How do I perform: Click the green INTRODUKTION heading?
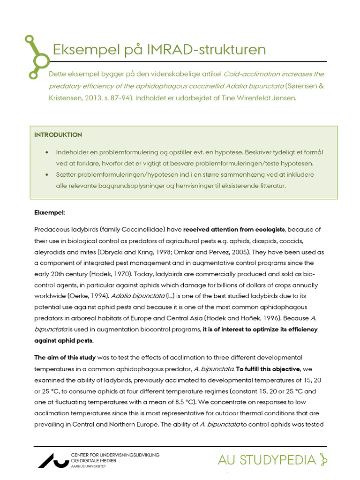(58, 135)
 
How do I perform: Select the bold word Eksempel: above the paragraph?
(50, 212)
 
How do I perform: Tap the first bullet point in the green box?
(47, 153)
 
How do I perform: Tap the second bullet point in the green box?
(47, 175)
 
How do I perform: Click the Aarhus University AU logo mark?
(52, 460)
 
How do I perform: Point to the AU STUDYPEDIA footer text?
(267, 460)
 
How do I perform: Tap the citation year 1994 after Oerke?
(97, 296)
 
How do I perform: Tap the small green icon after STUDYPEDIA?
(322, 460)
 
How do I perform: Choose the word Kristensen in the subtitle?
(66, 98)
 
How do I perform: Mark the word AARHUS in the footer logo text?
(78, 467)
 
